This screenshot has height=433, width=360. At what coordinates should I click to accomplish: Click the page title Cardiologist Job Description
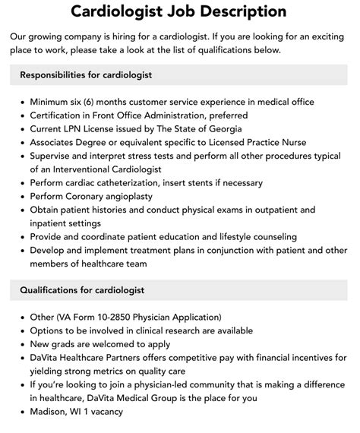pyautogui.click(x=179, y=12)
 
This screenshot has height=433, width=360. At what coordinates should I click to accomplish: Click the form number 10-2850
pyautogui.click(x=131, y=318)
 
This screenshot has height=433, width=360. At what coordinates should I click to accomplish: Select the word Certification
pyautogui.click(x=60, y=115)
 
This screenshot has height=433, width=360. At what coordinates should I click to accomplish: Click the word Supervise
pyautogui.click(x=55, y=156)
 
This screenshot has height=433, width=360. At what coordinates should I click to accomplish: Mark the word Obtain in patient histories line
pyautogui.click(x=48, y=210)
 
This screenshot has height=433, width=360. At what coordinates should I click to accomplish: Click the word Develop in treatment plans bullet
pyautogui.click(x=51, y=250)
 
